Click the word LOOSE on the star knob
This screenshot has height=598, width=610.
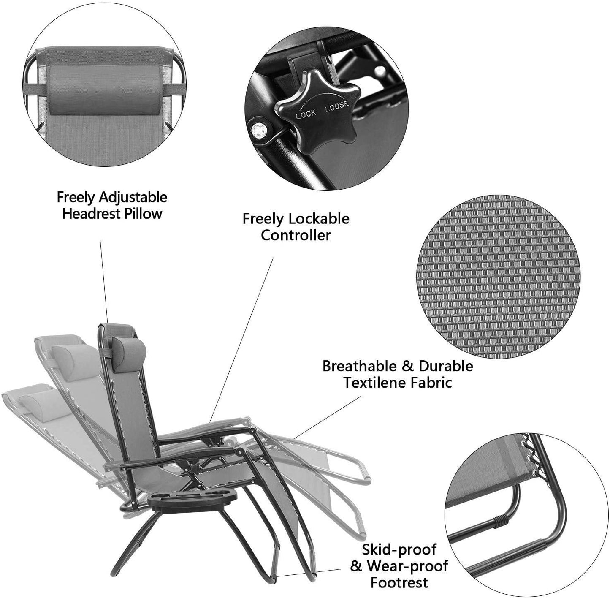(x=337, y=106)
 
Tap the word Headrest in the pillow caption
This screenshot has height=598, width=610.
(x=90, y=214)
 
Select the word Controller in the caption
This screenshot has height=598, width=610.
(x=296, y=235)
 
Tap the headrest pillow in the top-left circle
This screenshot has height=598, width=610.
(x=104, y=90)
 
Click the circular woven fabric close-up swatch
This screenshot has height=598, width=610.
(x=498, y=277)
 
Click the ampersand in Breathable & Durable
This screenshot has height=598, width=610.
(x=407, y=366)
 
